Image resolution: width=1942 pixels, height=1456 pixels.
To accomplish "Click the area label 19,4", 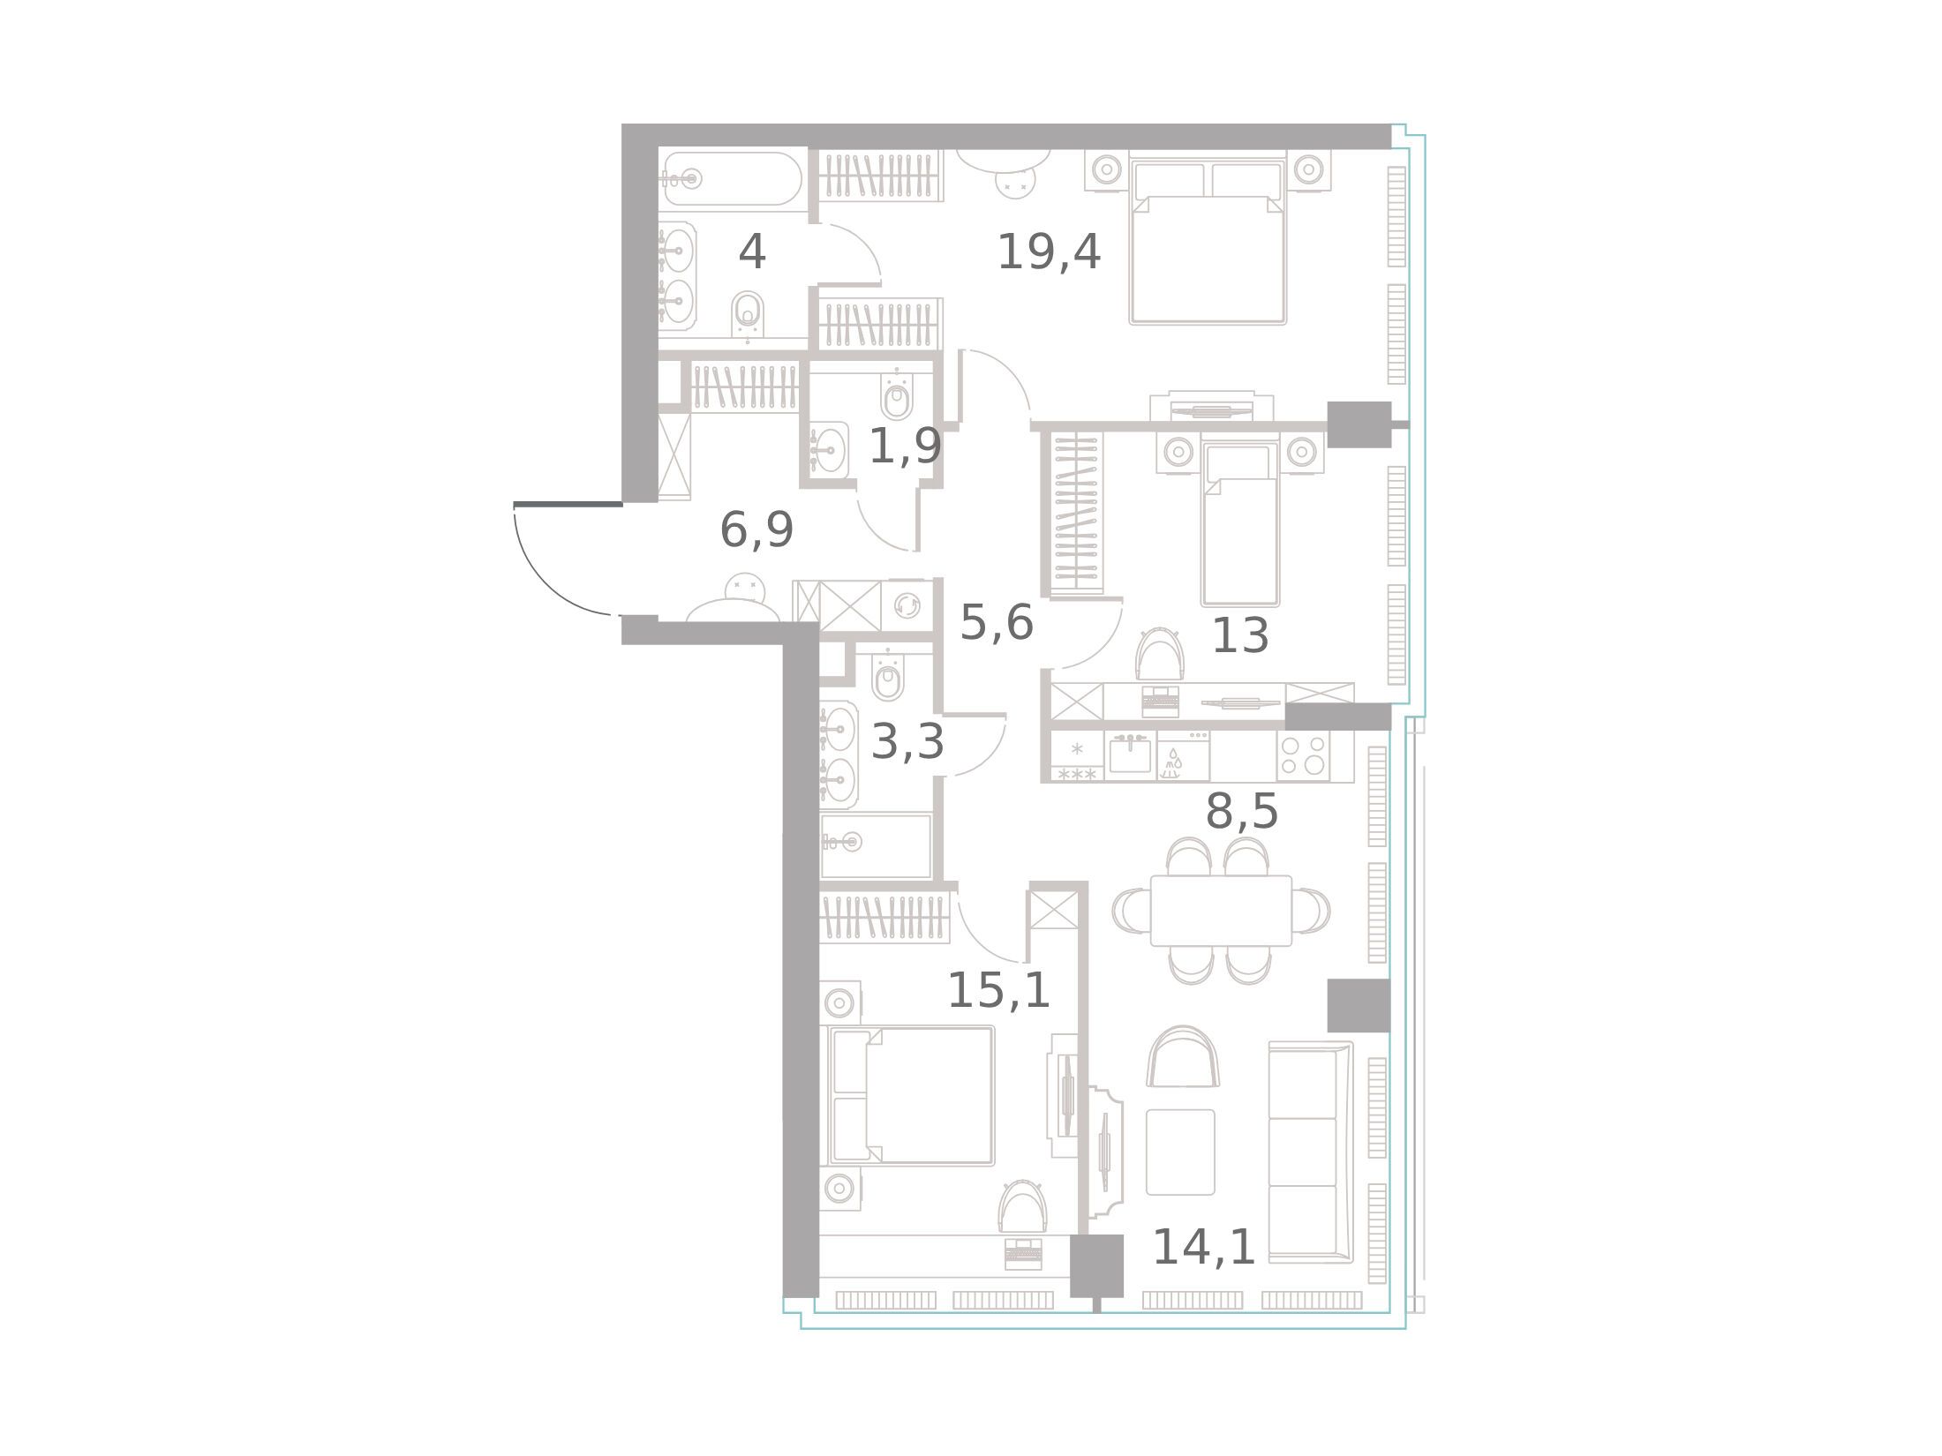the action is coord(1049,252).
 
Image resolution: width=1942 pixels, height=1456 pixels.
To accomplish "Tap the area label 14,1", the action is coord(1204,1248).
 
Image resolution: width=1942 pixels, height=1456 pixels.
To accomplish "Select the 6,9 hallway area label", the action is coord(756,530).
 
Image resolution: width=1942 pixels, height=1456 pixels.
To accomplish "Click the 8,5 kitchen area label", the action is coord(1241,811).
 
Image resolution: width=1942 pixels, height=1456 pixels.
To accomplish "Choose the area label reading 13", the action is coord(1240,635).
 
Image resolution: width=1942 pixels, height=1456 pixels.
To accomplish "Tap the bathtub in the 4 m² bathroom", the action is coord(733,179).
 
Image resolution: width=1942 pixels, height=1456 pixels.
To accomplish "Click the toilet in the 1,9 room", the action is coord(897,399).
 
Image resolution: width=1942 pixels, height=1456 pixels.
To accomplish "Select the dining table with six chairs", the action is coord(1221,911).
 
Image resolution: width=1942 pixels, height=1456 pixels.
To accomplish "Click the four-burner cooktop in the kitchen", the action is coord(1302,754).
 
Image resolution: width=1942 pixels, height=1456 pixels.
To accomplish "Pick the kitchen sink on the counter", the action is coord(1130,754).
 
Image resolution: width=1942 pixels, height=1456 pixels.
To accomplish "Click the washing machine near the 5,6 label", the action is coord(907,605).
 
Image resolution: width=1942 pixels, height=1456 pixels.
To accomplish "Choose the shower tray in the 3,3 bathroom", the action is coord(876,844).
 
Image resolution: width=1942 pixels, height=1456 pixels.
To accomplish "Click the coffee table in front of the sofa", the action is coord(1180,1152).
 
